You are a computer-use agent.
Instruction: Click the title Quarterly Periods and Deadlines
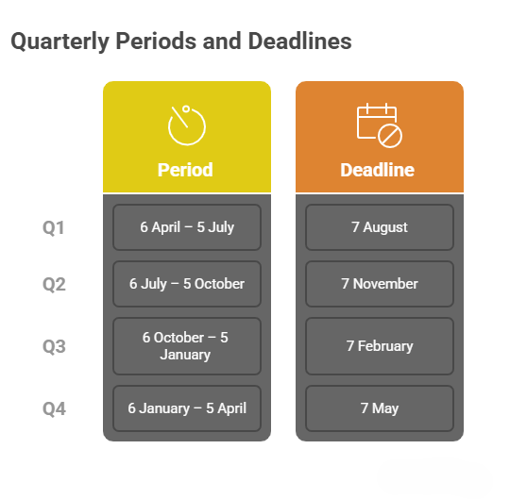[180, 42]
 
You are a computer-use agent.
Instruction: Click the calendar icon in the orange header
[379, 125]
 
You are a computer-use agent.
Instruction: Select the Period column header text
[185, 170]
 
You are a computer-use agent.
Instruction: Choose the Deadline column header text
[378, 170]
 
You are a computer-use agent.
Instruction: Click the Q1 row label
[54, 227]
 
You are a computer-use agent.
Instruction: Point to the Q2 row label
[54, 284]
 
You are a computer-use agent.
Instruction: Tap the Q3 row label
[54, 346]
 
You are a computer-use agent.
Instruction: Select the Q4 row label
[54, 408]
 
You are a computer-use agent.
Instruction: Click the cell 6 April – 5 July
[187, 227]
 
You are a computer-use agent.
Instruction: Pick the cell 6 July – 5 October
[187, 284]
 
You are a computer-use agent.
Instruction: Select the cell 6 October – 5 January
[187, 346]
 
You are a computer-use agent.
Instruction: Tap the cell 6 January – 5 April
[187, 408]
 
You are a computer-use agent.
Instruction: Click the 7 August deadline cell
[380, 227]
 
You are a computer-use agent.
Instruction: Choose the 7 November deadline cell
[380, 284]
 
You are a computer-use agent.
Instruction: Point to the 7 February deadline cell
[380, 346]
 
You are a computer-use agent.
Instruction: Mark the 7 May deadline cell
[380, 408]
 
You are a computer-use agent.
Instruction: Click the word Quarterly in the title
[57, 42]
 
